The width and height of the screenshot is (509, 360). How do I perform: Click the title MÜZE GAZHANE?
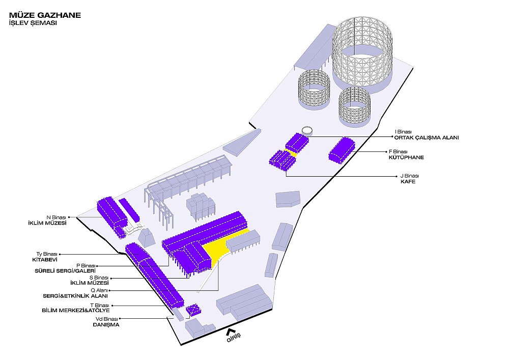click(x=45, y=15)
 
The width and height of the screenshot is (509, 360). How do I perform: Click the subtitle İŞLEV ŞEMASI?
click(x=33, y=23)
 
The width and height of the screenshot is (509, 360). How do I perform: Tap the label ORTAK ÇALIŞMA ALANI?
click(x=427, y=137)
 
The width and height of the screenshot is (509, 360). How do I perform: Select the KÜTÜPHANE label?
click(x=406, y=157)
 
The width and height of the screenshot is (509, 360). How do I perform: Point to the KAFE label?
click(x=408, y=181)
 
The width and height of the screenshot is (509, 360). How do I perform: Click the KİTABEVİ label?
click(x=45, y=260)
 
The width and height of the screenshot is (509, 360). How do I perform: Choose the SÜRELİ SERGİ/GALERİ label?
click(x=65, y=271)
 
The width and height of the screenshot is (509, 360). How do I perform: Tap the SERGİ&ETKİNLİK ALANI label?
click(x=75, y=296)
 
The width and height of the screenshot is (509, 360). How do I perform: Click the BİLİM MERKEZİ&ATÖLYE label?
click(x=76, y=310)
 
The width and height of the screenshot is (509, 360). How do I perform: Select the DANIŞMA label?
click(x=106, y=325)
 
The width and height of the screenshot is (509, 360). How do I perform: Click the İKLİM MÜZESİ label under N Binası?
click(x=47, y=223)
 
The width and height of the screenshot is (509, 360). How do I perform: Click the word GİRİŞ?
click(x=234, y=338)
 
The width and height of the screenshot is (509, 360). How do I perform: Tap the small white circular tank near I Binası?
click(x=307, y=131)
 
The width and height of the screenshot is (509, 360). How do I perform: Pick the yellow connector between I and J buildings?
click(x=292, y=153)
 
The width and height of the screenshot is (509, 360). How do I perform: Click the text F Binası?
click(x=399, y=152)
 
